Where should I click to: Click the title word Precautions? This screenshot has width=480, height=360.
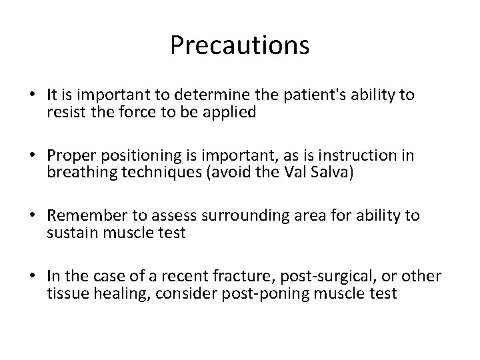pos(239,45)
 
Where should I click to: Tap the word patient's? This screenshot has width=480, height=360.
pos(305,95)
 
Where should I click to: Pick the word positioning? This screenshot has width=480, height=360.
pos(135,156)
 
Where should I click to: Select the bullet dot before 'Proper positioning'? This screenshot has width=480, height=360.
pos(33,157)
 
